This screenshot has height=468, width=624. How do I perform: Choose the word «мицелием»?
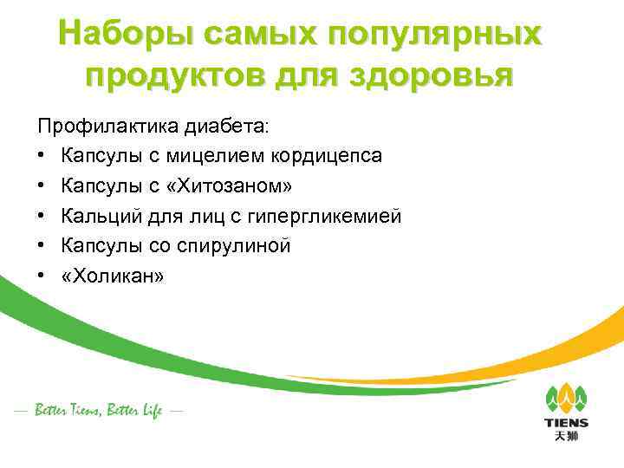229,156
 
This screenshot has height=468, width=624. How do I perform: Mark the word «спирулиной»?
239,245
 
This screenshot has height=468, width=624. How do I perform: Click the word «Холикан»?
113,275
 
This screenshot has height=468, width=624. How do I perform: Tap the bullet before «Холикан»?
42,276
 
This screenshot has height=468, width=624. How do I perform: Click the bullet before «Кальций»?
42,216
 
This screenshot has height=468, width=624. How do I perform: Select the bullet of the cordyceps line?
42,156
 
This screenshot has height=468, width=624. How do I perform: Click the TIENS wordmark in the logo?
567,423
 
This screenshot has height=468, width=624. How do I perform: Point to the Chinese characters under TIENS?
567,435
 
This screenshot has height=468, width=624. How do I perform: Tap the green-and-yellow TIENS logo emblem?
567,398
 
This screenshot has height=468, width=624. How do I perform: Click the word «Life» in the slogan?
149,411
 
